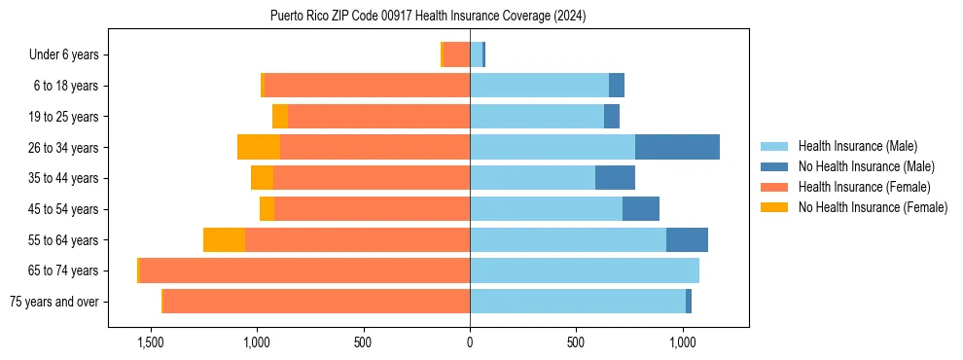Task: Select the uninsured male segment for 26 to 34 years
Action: (x=677, y=147)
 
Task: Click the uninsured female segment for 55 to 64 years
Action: (x=224, y=239)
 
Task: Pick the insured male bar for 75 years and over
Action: (x=578, y=302)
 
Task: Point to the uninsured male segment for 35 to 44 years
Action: (x=615, y=178)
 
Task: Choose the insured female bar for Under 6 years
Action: (x=456, y=54)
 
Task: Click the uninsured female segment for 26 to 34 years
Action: (x=259, y=147)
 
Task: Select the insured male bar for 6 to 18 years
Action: (x=539, y=86)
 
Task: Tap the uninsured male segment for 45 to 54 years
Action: (x=641, y=209)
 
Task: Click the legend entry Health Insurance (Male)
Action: (x=857, y=146)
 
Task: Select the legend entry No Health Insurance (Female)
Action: (x=873, y=207)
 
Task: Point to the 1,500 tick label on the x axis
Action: (x=150, y=342)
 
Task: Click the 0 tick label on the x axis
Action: (x=470, y=342)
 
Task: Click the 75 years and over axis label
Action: (x=53, y=302)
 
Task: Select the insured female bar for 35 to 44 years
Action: (x=372, y=178)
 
